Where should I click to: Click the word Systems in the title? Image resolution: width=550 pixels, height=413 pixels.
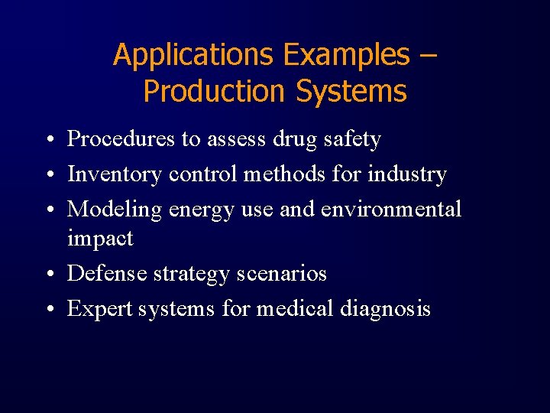point(351,92)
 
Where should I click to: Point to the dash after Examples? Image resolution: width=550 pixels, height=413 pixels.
point(428,56)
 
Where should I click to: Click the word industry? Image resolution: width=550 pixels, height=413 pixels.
point(406,174)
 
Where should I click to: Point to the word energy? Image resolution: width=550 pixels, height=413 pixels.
point(205,210)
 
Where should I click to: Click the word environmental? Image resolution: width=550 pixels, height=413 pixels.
point(391,209)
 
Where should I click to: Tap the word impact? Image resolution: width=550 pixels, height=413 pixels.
point(100,239)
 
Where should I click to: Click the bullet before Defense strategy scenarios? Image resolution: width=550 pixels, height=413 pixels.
point(48,274)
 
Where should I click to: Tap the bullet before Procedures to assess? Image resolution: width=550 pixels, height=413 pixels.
point(48,140)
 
